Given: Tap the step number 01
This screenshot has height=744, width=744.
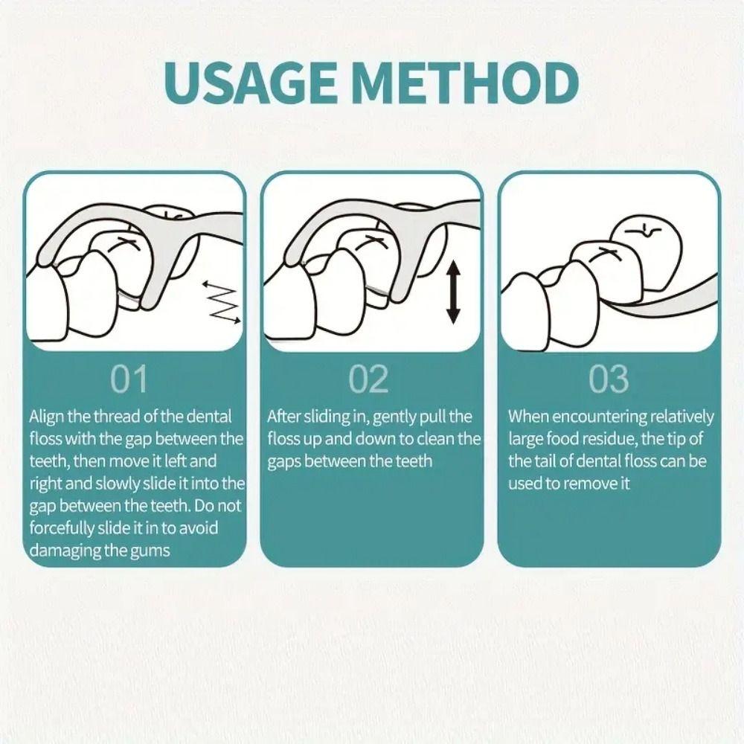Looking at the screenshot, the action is pos(129,379).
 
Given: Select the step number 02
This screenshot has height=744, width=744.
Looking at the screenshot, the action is pos(369,379).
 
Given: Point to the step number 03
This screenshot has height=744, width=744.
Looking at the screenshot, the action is pos(609,379).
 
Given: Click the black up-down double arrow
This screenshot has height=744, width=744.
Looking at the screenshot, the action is pos(454,292).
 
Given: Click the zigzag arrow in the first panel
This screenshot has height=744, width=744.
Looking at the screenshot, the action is pos(222,303).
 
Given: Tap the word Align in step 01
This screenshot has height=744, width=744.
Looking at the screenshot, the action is pos(46,417).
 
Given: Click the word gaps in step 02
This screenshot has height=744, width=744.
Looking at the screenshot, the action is pos(284,462).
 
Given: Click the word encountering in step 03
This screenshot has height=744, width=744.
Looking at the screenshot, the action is pos(599,417).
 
